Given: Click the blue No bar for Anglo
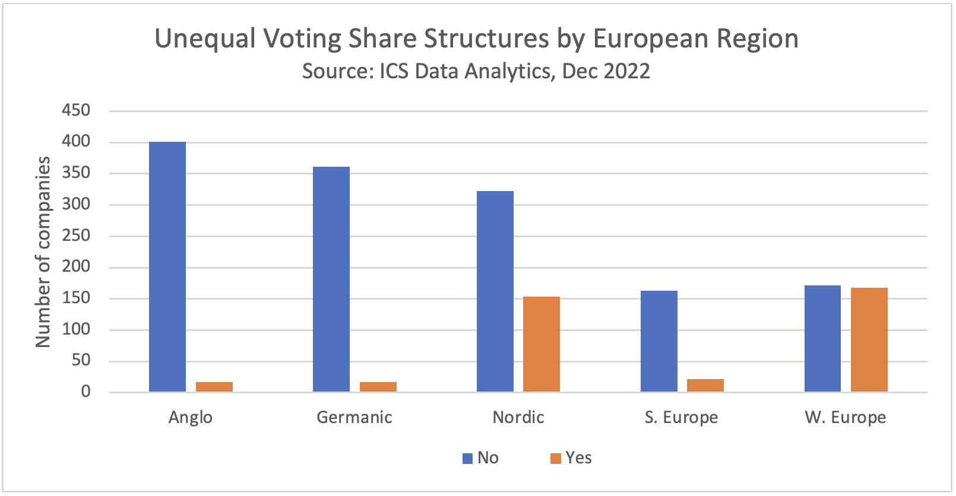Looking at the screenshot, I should (x=167, y=267).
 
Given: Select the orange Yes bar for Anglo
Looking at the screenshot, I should (x=214, y=387).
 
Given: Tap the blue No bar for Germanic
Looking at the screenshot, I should (x=331, y=279).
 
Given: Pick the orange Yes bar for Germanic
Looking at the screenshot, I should (x=378, y=387).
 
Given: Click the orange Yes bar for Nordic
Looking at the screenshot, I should (x=542, y=344).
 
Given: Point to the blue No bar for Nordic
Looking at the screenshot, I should (x=495, y=291).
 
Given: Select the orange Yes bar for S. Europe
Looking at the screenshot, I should (x=705, y=386).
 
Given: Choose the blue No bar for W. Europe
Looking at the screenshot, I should (x=822, y=338).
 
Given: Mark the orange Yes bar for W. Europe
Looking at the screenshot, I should (x=869, y=339).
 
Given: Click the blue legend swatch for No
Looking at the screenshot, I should (x=467, y=459).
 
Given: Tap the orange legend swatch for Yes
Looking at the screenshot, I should (x=556, y=459).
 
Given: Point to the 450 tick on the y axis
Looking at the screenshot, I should (x=76, y=110).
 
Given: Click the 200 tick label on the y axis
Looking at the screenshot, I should (x=76, y=267).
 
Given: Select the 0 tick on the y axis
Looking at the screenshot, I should (x=86, y=392).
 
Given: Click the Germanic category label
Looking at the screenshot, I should (x=354, y=417).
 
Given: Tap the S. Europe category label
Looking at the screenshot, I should (x=681, y=417).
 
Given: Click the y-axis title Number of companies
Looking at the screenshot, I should (x=43, y=252).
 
